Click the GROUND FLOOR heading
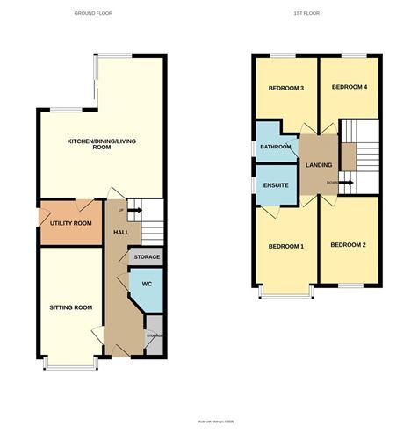coord(93,14)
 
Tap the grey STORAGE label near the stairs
coord(146,256)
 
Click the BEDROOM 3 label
coord(285,88)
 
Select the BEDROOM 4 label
coord(350,88)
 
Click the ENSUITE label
coord(276,185)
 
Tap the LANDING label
coord(317,166)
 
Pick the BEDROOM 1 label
coord(285,245)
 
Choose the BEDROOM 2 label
coord(348,244)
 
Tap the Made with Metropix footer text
coord(208,422)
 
